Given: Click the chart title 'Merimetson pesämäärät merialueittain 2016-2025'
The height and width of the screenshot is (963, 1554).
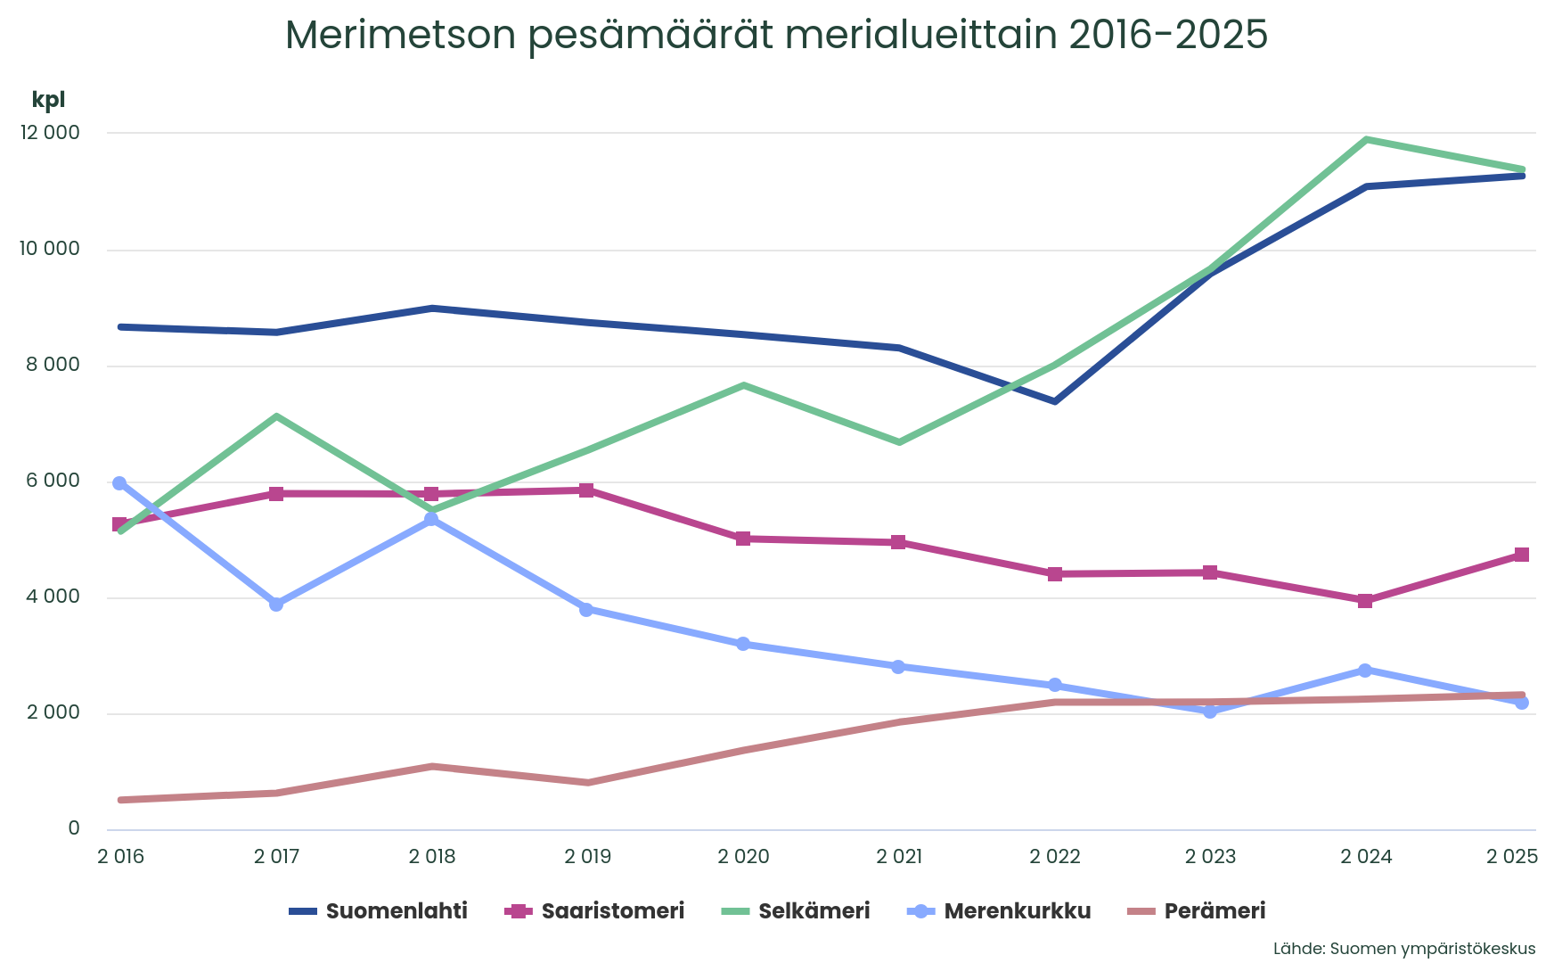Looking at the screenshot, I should coord(776,36).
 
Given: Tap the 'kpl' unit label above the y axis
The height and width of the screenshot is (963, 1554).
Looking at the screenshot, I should coord(48,100).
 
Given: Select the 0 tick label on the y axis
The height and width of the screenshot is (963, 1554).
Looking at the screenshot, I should coord(74,829).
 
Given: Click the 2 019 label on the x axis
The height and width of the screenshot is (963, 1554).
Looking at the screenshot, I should coord(587,858).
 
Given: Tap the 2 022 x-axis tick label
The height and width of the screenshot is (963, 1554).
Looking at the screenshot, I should coord(1054,858).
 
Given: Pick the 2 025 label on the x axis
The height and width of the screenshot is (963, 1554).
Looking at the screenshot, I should coord(1511,858).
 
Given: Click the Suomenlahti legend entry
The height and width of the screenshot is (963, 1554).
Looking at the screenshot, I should coord(380,911).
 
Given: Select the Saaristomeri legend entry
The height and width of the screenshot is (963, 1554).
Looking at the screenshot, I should coord(595,911).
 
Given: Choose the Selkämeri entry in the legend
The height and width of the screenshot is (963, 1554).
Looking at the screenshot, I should coord(796,911).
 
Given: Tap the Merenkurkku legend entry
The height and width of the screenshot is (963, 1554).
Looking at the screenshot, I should coord(999,911).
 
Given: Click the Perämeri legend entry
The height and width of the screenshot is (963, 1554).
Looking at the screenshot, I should coord(1197,911).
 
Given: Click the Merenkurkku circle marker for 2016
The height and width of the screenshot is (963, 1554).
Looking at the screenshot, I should coord(119,483).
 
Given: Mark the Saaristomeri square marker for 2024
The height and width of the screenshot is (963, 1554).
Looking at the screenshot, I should coord(1365,601).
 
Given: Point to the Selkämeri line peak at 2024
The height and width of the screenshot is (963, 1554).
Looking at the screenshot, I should coord(1365,140).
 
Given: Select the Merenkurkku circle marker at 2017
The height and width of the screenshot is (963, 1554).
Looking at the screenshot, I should coord(276,605).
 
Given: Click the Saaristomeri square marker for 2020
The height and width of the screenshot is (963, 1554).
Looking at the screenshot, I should coord(743,539).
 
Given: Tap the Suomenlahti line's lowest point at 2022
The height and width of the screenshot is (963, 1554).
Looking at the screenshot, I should coord(1055,401).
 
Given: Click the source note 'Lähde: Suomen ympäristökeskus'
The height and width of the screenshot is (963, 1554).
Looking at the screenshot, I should coord(1404,949).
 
